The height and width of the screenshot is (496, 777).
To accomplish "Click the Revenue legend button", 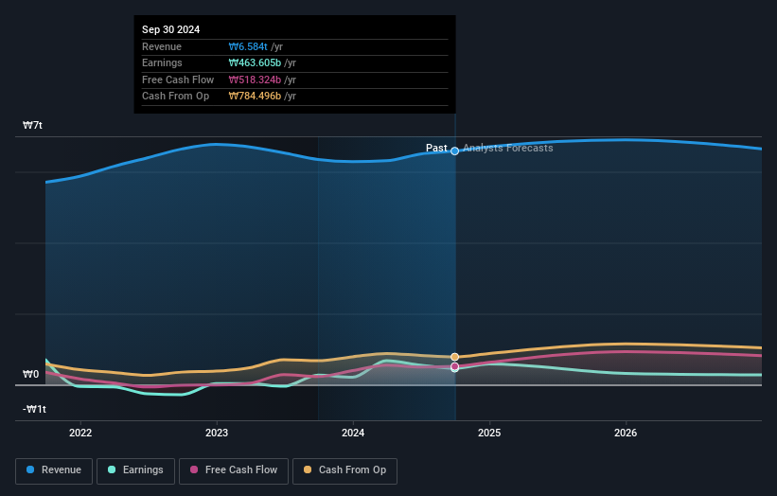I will coord(54,470).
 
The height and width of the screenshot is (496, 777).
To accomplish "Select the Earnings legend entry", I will coord(135,470).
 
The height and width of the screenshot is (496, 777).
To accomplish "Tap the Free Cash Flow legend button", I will coord(233,470).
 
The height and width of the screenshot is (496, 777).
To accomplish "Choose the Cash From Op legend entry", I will coord(344,470).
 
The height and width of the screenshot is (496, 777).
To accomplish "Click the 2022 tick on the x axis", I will coord(80,434).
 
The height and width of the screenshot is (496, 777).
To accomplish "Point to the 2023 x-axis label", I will coord(217,434).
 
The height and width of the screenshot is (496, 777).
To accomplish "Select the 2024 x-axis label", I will coord(353,434).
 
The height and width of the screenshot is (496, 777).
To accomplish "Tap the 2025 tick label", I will coord(489,434).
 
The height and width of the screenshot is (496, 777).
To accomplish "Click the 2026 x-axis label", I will coord(626,434).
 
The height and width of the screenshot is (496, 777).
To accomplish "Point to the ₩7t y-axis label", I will coord(33,126).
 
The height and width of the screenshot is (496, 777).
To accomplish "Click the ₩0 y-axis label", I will coord(31,375).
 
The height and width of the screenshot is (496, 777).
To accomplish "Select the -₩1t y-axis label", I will coord(35,410).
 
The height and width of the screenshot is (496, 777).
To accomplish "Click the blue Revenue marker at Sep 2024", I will coord(455,151).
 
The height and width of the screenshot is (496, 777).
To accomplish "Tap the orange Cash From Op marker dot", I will coord(455,357).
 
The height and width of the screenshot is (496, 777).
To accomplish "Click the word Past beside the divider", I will coord(436,148).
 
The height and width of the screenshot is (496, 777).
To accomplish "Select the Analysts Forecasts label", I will coord(507,148).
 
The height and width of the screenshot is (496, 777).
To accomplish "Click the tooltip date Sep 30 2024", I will coord(171,30).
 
